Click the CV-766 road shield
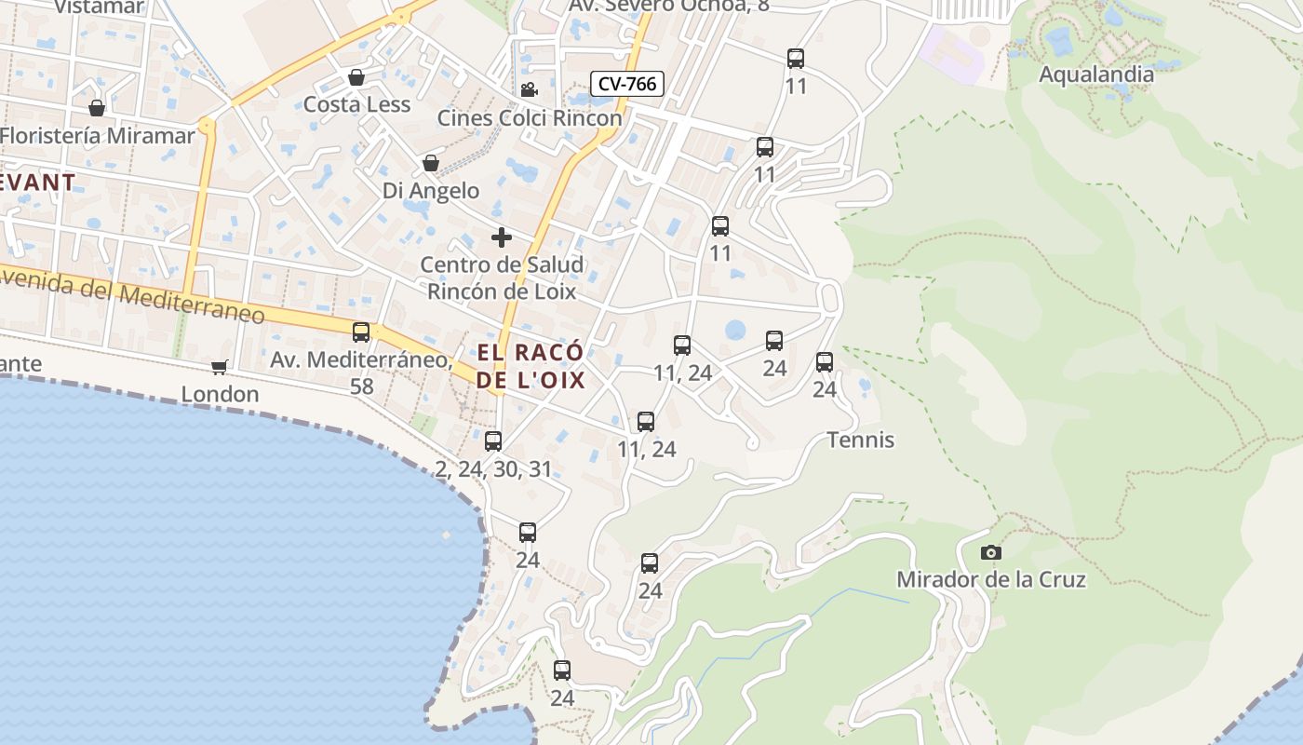[627, 84]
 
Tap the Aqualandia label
[1095, 74]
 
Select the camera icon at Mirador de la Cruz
[991, 552]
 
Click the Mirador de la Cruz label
[990, 579]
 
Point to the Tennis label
[861, 440]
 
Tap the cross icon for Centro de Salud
[502, 237]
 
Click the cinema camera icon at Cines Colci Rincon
[529, 89]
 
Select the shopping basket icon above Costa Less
[356, 76]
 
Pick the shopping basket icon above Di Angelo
[430, 163]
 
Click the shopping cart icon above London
[220, 367]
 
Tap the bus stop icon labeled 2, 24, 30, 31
[493, 440]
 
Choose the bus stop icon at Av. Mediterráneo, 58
[361, 332]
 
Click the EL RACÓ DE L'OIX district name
[531, 366]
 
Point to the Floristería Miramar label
[98, 135]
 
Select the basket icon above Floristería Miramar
[97, 107]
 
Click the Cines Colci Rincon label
[530, 118]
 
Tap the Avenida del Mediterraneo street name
[130, 296]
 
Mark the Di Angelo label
[431, 191]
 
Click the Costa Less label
[356, 104]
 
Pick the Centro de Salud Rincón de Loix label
[502, 278]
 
